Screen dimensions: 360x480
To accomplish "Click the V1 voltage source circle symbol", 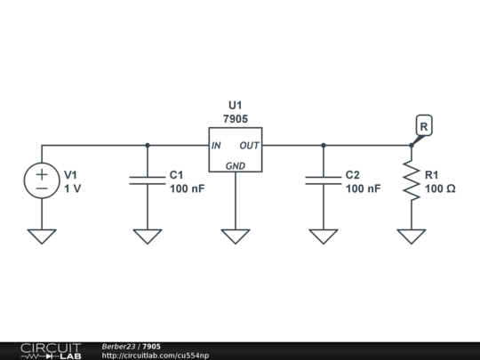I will pos(42,180).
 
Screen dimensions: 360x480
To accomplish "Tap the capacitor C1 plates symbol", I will pos(148,180).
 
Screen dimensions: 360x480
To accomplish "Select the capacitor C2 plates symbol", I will pos(323,180).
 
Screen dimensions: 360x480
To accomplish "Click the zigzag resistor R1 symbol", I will pos(411,180).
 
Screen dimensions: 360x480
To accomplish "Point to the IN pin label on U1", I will pos(216,146).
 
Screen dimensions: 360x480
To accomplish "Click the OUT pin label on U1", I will pos(250,146).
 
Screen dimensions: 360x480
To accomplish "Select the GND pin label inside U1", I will pos(236,165).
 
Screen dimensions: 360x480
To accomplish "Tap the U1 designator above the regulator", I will pos(236,103).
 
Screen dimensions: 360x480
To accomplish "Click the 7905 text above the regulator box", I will pos(236,117).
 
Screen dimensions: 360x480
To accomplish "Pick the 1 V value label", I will pos(72,189).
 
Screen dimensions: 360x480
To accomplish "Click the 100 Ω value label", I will pos(440,189).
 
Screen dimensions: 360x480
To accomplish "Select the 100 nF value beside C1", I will pos(187,189).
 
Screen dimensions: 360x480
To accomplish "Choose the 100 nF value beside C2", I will pos(363,189).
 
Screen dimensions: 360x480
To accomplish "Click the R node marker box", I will pos(424,127).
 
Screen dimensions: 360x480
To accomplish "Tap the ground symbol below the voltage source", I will pos(42,236).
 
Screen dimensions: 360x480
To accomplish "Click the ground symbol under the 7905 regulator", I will pos(236,236).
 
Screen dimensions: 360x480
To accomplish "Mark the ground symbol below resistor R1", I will pos(411,236).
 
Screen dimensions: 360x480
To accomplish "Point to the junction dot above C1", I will pos(148,145).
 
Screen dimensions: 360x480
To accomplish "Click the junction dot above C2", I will pos(323,145).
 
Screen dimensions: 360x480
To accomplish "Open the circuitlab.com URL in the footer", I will pos(156,356).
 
